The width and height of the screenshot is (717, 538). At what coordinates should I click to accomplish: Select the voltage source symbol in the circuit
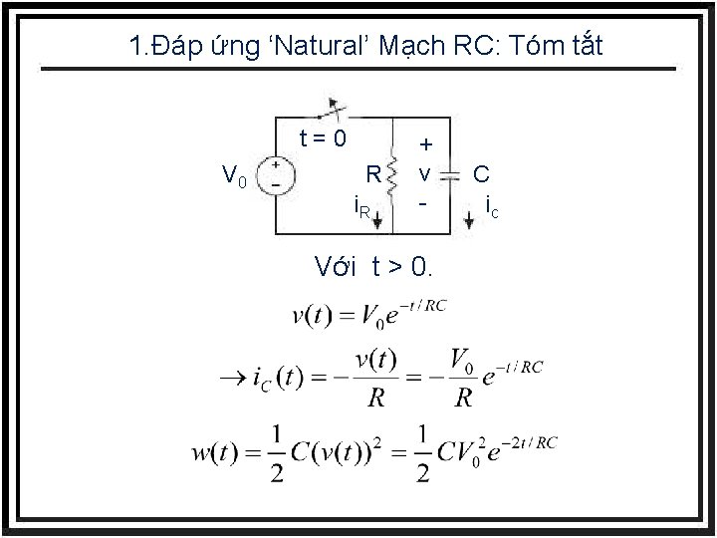pos(274,174)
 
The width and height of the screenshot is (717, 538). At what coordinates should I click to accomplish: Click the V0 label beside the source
pos(234,177)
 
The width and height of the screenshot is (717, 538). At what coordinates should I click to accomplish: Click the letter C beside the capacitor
pos(481,174)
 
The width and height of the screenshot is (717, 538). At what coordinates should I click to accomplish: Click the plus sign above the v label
pos(424,145)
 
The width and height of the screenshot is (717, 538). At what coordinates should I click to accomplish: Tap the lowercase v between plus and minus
pos(424,174)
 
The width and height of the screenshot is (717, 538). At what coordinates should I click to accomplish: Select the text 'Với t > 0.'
pos(372,266)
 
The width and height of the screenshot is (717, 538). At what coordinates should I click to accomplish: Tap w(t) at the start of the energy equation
pos(216,454)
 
